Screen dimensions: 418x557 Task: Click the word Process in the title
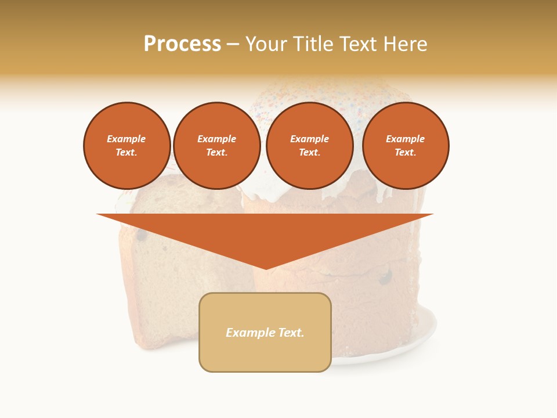(x=182, y=44)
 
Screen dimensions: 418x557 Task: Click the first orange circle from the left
(x=126, y=146)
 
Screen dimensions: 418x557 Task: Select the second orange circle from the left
(x=216, y=146)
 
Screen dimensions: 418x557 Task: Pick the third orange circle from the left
(x=309, y=146)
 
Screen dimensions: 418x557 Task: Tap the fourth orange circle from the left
(x=405, y=146)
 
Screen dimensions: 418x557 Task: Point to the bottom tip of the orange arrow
(x=266, y=268)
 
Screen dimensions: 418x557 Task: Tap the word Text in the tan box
(x=291, y=333)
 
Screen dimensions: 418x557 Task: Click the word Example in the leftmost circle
(x=126, y=139)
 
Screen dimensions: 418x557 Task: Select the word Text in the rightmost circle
(x=405, y=153)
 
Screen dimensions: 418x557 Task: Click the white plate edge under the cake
(x=430, y=331)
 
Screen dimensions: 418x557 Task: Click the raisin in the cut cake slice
(x=141, y=236)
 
